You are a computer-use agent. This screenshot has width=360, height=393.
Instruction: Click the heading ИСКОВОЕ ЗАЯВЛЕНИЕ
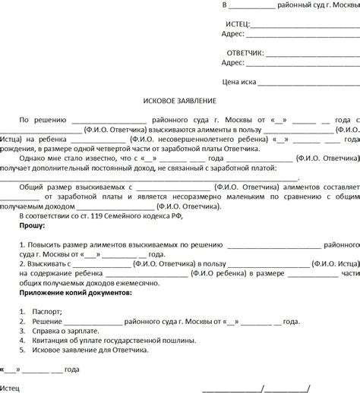pyautogui.click(x=179, y=100)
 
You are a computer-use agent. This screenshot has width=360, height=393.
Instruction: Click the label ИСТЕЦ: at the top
pyautogui.click(x=238, y=24)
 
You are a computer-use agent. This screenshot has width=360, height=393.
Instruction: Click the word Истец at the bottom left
pyautogui.click(x=11, y=387)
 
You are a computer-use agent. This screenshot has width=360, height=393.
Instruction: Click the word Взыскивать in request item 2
pyautogui.click(x=49, y=263)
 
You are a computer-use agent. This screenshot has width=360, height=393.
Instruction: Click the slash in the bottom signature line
pyautogui.click(x=263, y=387)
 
